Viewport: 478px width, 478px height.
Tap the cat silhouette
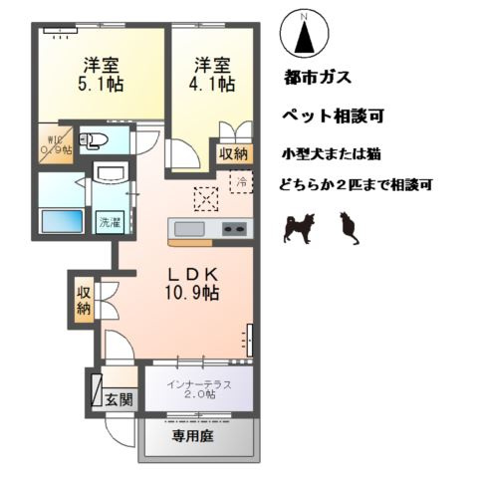tap(348, 229)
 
